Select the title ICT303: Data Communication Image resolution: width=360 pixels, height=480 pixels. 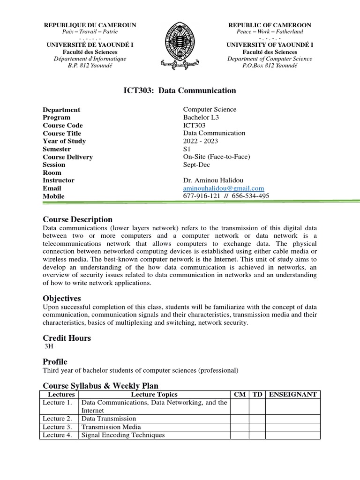[180, 90]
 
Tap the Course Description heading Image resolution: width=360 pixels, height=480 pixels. [78, 219]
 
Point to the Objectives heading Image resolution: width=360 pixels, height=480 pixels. [62, 299]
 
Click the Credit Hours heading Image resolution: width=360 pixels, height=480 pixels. [67, 338]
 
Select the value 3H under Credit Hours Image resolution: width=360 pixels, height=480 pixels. [49, 347]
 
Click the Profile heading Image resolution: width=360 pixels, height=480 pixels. [55, 362]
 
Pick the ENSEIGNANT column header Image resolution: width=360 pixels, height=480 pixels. [293, 395]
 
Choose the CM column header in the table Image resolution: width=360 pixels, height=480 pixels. [240, 395]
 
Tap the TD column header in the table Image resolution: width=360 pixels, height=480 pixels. [257, 395]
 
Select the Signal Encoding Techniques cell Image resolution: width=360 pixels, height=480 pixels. [123, 435]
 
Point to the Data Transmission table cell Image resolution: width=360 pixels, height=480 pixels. [109, 419]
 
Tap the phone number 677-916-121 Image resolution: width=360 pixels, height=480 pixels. [202, 196]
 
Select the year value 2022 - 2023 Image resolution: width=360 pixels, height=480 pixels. [201, 141]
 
